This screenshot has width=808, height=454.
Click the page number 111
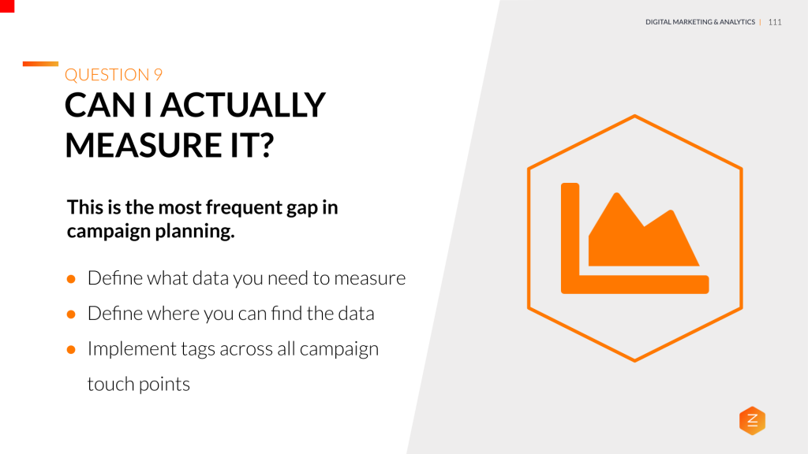774,22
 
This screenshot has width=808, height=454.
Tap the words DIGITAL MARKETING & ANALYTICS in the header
700,22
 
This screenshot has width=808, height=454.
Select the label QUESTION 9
114,75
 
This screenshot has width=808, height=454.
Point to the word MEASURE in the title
137,145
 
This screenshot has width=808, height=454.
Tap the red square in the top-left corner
7,6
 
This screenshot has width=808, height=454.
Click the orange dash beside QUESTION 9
40,64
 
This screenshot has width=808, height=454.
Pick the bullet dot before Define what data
71,279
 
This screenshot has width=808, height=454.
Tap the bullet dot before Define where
71,314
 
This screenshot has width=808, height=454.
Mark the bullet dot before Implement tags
71,349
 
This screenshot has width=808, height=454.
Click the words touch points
139,385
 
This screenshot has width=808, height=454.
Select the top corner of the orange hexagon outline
634,117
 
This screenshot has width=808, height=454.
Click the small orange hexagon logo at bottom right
752,421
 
